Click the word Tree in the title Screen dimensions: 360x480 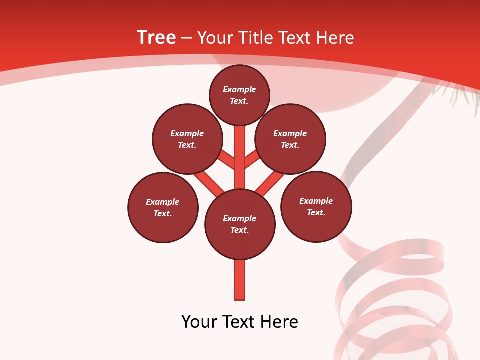tap(156, 38)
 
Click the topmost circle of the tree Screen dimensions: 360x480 tap(239, 95)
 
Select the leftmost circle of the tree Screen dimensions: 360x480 tap(163, 207)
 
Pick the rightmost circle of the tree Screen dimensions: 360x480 tap(316, 206)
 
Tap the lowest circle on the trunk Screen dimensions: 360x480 tap(240, 224)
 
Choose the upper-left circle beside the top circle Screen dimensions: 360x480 tap(187, 139)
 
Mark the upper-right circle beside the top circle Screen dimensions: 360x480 tap(290, 139)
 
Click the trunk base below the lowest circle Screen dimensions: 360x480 tap(240, 280)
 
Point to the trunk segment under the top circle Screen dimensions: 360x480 tap(240, 150)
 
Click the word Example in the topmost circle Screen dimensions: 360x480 tap(239, 90)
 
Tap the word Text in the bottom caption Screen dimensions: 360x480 tap(239, 322)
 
